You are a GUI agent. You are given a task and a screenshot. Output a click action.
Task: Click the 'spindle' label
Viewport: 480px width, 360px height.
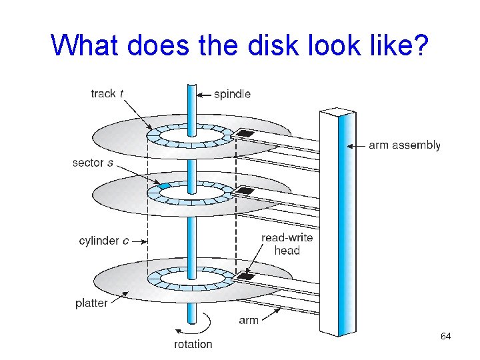tap(232, 94)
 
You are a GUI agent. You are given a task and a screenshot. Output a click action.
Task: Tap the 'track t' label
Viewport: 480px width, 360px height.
tap(107, 94)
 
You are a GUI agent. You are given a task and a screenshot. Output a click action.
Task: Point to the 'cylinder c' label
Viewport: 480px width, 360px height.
tap(103, 240)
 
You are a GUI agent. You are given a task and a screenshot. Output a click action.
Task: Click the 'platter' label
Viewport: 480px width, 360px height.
tap(91, 303)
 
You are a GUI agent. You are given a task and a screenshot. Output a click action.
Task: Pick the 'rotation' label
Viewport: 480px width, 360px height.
tap(193, 344)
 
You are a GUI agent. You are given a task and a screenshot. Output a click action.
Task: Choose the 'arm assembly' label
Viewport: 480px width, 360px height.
tap(404, 145)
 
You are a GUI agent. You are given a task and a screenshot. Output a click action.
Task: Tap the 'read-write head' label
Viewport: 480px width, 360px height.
tap(287, 244)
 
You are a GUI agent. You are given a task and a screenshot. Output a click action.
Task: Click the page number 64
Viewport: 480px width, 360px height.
tap(445, 337)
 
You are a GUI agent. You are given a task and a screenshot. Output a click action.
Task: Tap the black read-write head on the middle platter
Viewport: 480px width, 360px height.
tap(245, 191)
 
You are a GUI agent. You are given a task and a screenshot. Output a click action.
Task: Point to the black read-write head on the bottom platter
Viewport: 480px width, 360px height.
tap(246, 276)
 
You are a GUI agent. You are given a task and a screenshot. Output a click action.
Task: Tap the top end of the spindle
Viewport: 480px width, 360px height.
tap(192, 86)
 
